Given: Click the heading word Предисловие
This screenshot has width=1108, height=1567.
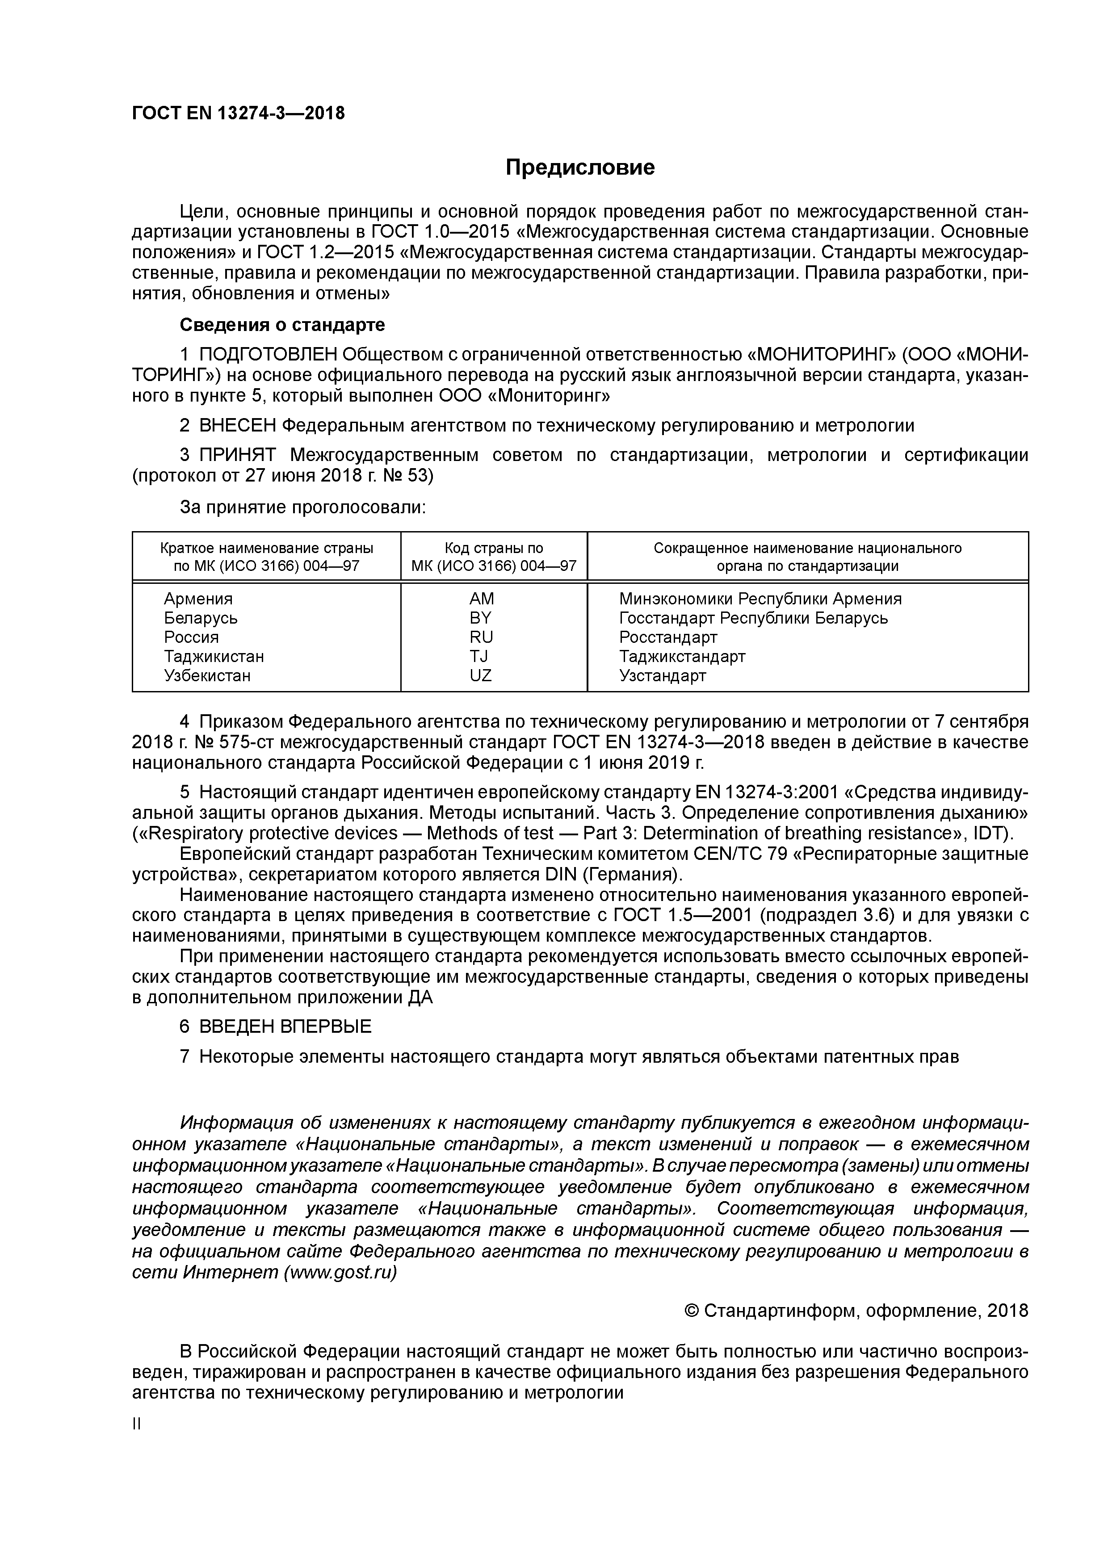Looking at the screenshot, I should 579,167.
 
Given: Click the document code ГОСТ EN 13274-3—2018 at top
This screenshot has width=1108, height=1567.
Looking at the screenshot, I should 238,113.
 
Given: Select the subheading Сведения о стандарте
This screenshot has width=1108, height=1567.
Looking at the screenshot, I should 282,325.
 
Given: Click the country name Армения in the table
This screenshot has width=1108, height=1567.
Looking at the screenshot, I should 198,599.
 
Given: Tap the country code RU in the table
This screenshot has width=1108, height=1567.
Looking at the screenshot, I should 481,637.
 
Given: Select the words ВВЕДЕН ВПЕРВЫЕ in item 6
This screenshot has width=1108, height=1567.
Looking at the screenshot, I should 285,1027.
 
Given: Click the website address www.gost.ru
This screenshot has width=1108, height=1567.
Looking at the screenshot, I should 340,1272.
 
